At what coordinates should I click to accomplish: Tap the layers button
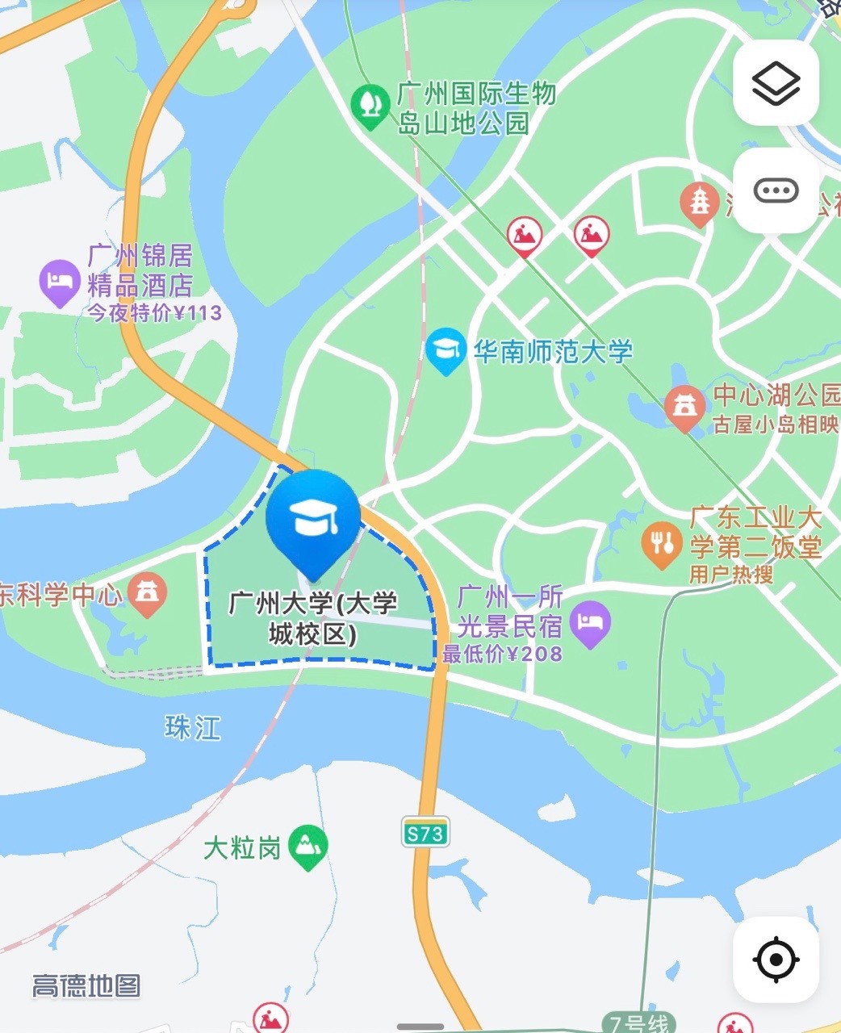pyautogui.click(x=776, y=83)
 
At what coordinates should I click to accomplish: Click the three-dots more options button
pyautogui.click(x=776, y=191)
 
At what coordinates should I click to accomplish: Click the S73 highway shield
pyautogui.click(x=425, y=833)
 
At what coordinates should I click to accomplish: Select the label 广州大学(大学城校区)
pyautogui.click(x=313, y=619)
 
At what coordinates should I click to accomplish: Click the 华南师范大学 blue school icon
pyautogui.click(x=446, y=350)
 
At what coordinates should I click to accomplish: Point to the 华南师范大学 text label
pyautogui.click(x=553, y=352)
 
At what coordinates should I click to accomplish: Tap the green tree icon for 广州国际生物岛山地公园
pyautogui.click(x=370, y=105)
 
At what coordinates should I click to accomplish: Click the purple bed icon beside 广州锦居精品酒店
pyautogui.click(x=59, y=282)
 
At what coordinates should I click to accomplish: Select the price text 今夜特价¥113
pyautogui.click(x=154, y=313)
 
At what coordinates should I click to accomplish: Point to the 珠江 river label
pyautogui.click(x=192, y=728)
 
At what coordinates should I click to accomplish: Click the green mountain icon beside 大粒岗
pyautogui.click(x=308, y=847)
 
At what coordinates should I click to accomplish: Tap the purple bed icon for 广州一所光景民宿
pyautogui.click(x=590, y=623)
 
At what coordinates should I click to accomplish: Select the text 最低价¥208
pyautogui.click(x=502, y=654)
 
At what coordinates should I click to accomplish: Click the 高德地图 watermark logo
pyautogui.click(x=86, y=985)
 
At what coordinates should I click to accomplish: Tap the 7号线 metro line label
pyautogui.click(x=638, y=1023)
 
